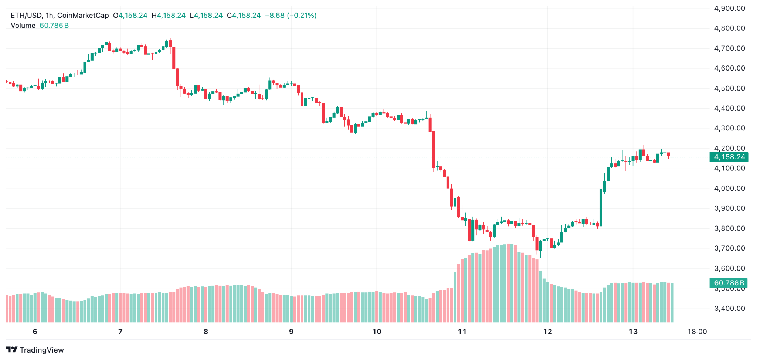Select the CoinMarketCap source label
[83, 16]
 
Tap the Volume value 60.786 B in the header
[54, 26]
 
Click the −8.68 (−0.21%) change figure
[291, 16]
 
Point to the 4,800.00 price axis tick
[730, 28]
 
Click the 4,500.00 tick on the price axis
[730, 88]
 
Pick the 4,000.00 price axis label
[730, 189]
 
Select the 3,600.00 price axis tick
[730, 269]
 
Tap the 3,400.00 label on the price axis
[730, 309]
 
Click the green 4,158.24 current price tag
[729, 157]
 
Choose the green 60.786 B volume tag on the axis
[729, 283]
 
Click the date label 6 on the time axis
[35, 332]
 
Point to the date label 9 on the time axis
[291, 332]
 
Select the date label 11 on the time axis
[462, 332]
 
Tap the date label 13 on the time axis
[633, 332]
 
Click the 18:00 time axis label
[697, 332]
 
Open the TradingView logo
[35, 350]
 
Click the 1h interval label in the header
[50, 16]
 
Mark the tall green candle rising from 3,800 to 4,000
[601, 207]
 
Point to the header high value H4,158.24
[169, 16]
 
